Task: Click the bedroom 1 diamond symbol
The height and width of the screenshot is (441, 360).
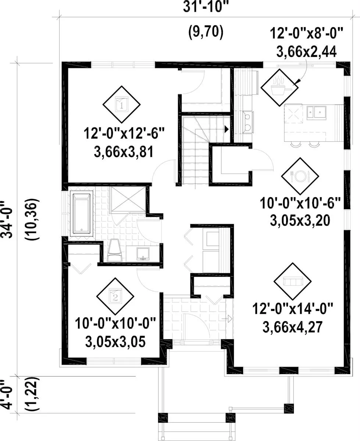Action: tap(121, 104)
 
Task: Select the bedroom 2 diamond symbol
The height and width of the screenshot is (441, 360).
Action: tap(115, 296)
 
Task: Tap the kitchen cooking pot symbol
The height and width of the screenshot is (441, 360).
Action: tap(280, 87)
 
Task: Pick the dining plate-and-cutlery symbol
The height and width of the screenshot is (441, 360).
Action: tap(300, 176)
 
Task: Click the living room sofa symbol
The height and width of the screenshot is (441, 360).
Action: tap(293, 281)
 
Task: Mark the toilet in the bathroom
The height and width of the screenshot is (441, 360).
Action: tap(114, 250)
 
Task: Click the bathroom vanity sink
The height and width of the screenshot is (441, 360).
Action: tap(143, 254)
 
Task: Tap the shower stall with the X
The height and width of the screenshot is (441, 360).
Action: tap(128, 199)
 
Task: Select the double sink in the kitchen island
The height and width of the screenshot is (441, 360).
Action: tap(316, 113)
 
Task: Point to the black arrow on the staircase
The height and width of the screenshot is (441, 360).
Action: tap(227, 129)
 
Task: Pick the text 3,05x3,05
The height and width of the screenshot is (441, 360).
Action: tap(115, 342)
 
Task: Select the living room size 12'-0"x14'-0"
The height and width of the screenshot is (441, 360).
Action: tap(292, 309)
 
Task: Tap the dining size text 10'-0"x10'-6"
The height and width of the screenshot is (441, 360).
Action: tap(300, 203)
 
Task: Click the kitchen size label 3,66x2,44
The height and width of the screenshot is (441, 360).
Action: tap(306, 51)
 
